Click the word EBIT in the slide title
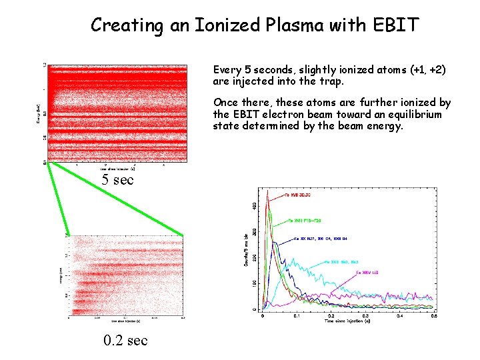tap(396, 25)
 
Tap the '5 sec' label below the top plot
tap(117, 180)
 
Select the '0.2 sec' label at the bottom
tap(125, 341)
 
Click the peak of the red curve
tap(267, 191)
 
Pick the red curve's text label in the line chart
tap(297, 195)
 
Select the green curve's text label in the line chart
tap(305, 220)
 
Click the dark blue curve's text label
tap(324, 238)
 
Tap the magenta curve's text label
tap(367, 273)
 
